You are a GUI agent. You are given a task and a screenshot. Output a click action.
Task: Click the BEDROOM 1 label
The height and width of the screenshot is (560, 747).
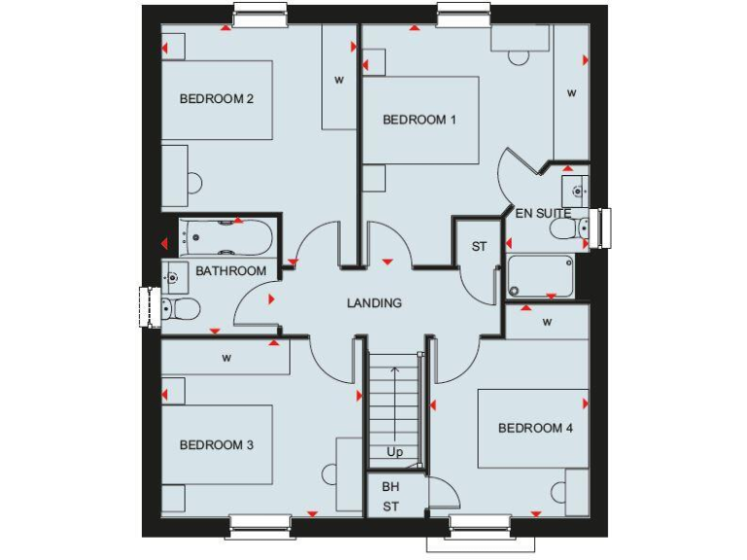[x=419, y=120]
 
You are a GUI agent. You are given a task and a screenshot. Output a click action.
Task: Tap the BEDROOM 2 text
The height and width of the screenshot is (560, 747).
[x=217, y=98]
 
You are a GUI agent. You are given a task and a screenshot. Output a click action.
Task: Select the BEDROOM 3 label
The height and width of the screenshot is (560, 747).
[x=217, y=445]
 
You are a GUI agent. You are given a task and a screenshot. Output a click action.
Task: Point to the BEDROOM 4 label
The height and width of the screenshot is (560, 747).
[x=529, y=428]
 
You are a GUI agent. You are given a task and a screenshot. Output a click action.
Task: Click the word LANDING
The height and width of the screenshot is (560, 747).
[x=374, y=303]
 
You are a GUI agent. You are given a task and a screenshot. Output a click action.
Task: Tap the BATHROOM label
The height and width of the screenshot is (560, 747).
[x=231, y=271]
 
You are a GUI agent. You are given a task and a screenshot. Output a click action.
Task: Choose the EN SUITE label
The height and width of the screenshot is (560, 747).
[x=543, y=213]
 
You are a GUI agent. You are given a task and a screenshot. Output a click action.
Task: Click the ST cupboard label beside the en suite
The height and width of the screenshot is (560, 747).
[x=480, y=247]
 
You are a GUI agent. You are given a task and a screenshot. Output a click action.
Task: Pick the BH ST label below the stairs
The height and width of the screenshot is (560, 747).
[x=390, y=496]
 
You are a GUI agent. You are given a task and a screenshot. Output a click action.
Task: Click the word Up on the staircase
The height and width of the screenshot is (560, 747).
[x=395, y=452]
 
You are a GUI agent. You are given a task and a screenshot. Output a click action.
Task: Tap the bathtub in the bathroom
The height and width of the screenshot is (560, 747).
[x=227, y=236]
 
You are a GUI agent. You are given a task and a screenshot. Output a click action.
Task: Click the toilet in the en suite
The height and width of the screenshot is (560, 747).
[x=565, y=228]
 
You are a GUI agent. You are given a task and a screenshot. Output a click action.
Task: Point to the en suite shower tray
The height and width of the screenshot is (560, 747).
[x=540, y=277]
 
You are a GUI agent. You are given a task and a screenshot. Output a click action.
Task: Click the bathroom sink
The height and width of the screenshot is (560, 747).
[x=174, y=276]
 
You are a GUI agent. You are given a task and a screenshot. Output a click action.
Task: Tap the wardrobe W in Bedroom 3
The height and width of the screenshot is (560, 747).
[x=227, y=358]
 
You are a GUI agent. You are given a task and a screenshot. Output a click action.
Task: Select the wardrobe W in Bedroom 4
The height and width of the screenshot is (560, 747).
[x=548, y=321]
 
